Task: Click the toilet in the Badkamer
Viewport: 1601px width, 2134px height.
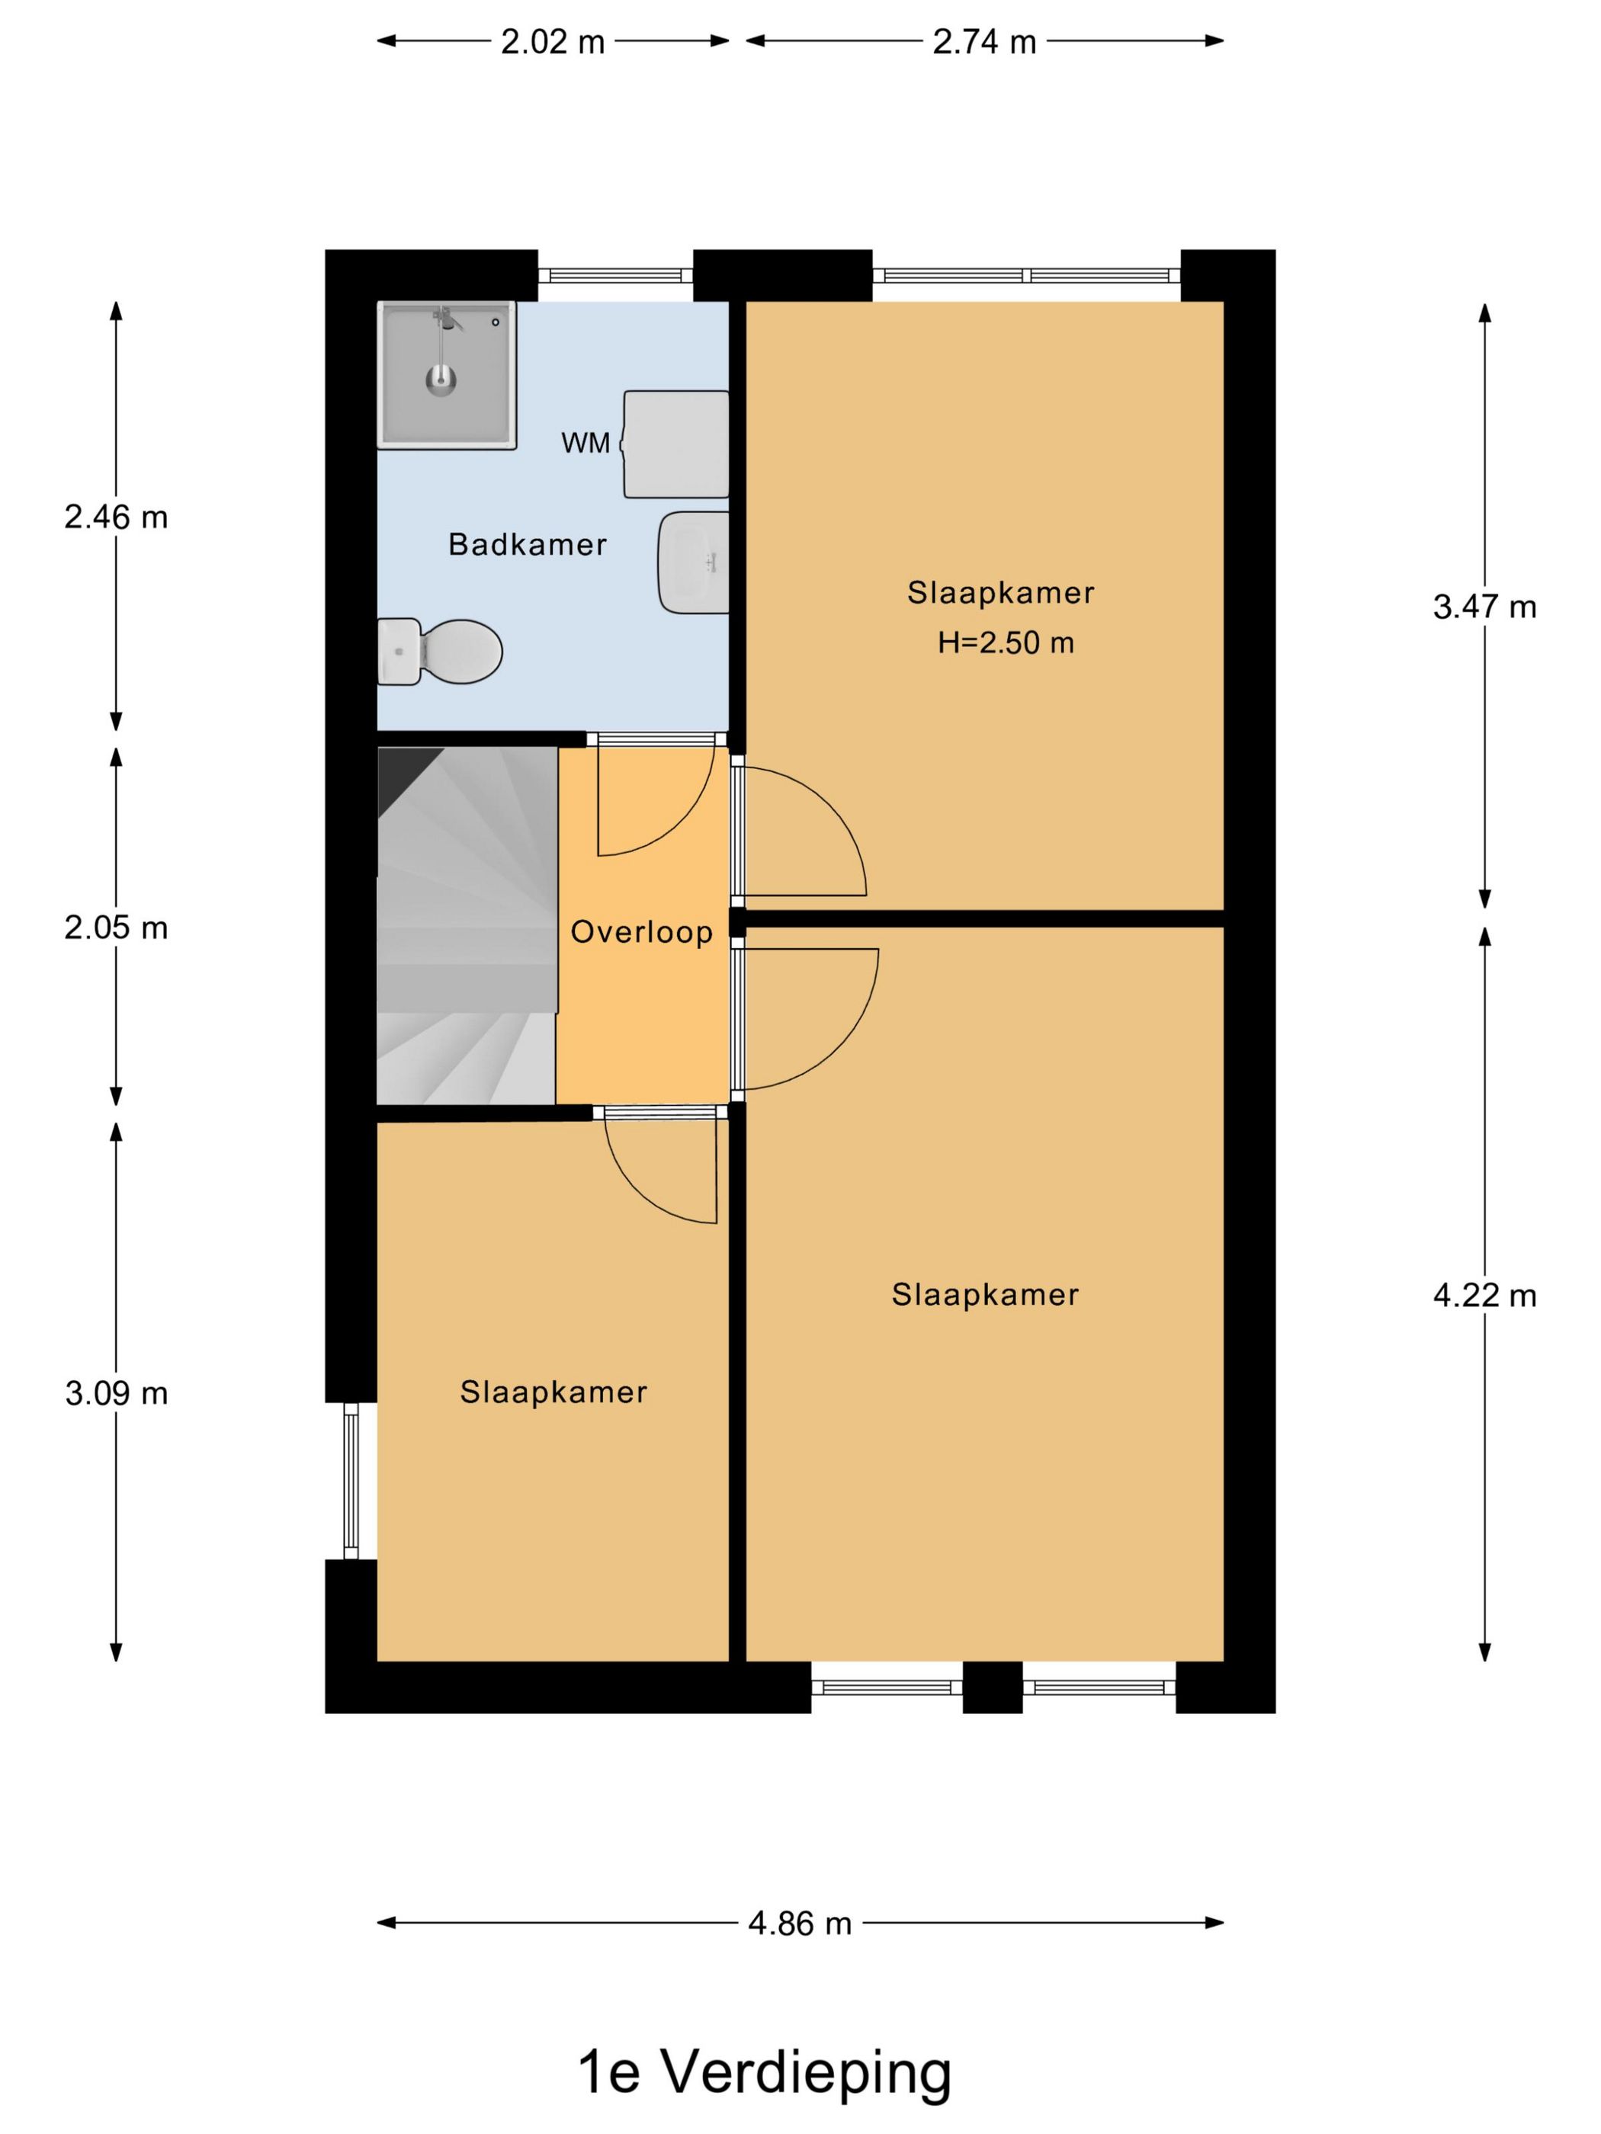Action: click(444, 651)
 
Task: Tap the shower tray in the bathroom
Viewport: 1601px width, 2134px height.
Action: click(446, 374)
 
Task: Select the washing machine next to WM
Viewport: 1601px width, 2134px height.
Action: click(675, 444)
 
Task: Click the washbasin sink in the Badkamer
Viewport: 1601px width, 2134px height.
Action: click(693, 562)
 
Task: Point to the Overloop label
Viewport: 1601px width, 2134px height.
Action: click(641, 932)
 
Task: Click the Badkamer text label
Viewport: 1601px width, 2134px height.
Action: click(527, 545)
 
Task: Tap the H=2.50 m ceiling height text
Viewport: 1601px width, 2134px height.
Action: click(1006, 642)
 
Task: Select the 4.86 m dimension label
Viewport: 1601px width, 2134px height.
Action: click(799, 1924)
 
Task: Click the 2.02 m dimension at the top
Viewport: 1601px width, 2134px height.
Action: click(552, 41)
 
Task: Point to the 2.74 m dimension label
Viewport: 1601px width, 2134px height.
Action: click(983, 41)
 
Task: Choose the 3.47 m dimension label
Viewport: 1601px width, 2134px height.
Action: click(1484, 607)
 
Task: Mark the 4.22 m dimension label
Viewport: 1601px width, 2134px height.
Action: click(1484, 1296)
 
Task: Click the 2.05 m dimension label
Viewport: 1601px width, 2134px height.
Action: click(116, 928)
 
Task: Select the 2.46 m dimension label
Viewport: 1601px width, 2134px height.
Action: click(116, 518)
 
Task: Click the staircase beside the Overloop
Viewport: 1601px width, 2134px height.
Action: click(465, 926)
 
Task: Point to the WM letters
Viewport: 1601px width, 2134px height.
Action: click(585, 443)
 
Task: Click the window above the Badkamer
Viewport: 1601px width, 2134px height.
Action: click(614, 276)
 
